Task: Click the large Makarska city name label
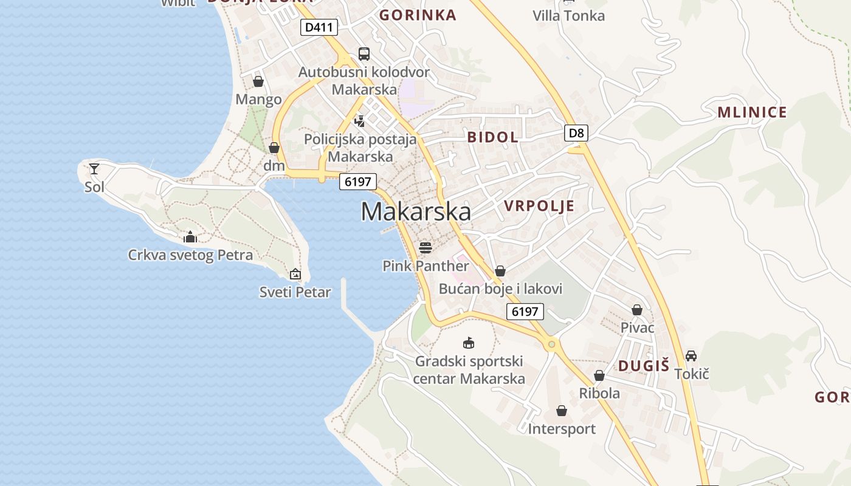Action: click(x=416, y=211)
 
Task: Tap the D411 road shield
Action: click(x=319, y=27)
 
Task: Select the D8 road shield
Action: click(x=576, y=133)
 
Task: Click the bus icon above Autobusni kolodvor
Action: click(x=363, y=54)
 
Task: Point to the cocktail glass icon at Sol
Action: click(x=94, y=169)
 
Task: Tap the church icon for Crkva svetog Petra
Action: click(x=190, y=237)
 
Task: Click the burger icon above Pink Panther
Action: click(x=425, y=247)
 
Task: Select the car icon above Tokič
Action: click(x=691, y=355)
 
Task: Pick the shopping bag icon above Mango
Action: click(x=258, y=81)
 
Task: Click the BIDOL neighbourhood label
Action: click(x=493, y=137)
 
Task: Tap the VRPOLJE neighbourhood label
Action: click(x=539, y=206)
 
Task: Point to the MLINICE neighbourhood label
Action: click(x=752, y=112)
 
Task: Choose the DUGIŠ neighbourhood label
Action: click(x=644, y=366)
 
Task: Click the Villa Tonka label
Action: click(x=568, y=16)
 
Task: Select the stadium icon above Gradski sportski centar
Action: click(x=468, y=343)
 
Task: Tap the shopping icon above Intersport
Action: click(x=562, y=411)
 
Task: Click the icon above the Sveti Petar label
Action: click(x=295, y=275)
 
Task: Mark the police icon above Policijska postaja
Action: click(x=360, y=121)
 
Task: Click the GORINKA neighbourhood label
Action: click(x=418, y=15)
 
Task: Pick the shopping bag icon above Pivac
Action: click(x=637, y=310)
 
